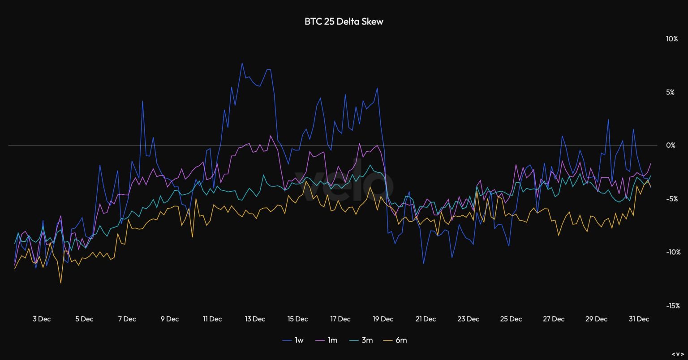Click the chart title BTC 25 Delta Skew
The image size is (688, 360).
344,21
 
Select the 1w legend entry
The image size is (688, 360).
293,340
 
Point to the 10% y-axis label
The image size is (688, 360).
671,39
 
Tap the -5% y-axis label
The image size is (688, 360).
672,199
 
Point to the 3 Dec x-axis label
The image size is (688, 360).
41,319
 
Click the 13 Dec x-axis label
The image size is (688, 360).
255,319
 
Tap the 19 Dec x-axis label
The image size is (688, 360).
383,319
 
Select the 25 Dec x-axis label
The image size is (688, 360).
511,319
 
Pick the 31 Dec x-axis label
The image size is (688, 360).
639,319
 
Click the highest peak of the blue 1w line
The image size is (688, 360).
242,63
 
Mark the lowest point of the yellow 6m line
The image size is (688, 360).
60,283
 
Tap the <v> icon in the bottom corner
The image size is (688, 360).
677,354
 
